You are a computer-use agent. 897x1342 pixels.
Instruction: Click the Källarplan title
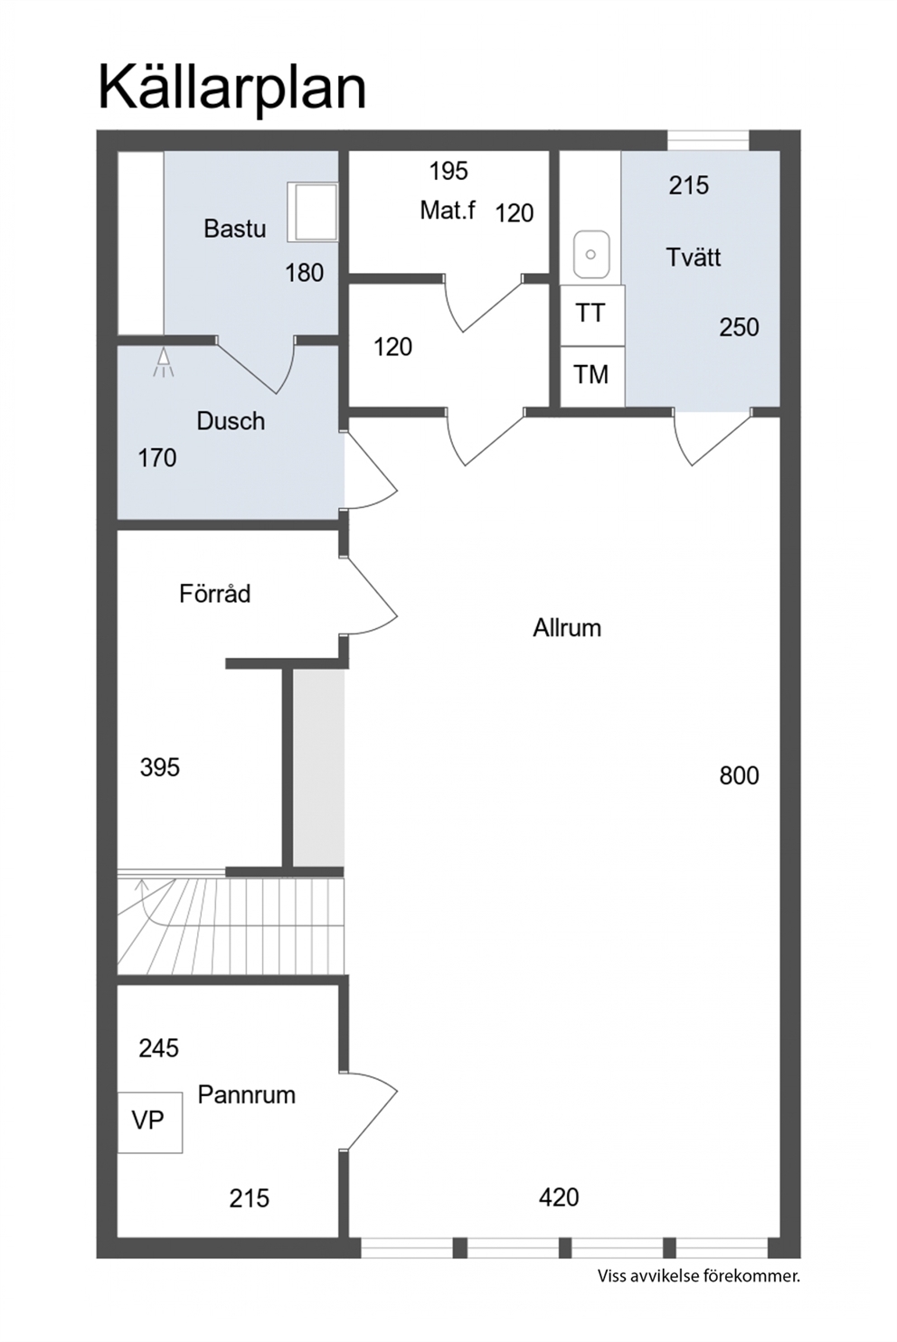pyautogui.click(x=231, y=90)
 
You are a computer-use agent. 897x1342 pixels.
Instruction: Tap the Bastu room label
pyautogui.click(x=234, y=229)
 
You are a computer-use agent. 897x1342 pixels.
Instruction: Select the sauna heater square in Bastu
pyautogui.click(x=312, y=212)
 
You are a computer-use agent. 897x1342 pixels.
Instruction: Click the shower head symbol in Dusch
pyautogui.click(x=163, y=363)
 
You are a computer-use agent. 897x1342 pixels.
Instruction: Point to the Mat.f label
pyautogui.click(x=448, y=211)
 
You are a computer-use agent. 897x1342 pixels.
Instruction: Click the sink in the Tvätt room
pyautogui.click(x=590, y=255)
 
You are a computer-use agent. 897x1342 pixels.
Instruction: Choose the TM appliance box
pyautogui.click(x=592, y=376)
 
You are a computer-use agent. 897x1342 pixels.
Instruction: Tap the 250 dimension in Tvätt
pyautogui.click(x=740, y=328)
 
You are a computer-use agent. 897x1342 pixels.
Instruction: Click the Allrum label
pyautogui.click(x=567, y=628)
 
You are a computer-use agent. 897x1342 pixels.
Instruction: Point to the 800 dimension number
pyautogui.click(x=740, y=776)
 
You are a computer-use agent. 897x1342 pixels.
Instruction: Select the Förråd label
pyautogui.click(x=214, y=594)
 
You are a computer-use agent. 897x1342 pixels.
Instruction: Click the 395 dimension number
pyautogui.click(x=159, y=767)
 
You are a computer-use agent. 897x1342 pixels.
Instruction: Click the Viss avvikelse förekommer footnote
pyautogui.click(x=699, y=1276)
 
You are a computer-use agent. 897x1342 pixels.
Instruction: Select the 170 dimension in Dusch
pyautogui.click(x=157, y=458)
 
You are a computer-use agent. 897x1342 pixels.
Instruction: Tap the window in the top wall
pyautogui.click(x=708, y=141)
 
